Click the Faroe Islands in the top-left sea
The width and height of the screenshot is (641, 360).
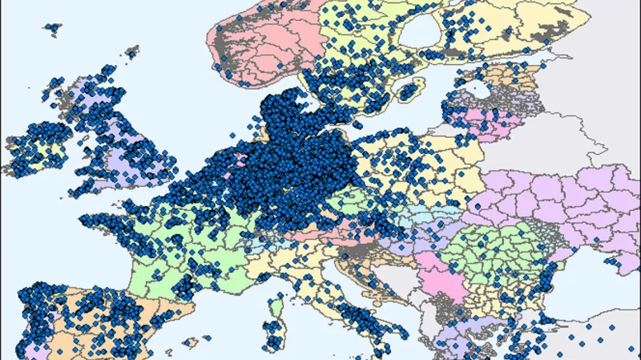52,28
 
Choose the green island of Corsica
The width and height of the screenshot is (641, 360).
278,309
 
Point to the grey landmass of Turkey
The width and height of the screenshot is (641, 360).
593,337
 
